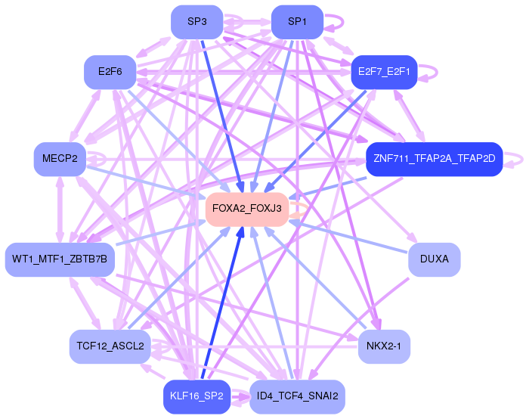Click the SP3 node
(x=197, y=22)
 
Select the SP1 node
(x=297, y=22)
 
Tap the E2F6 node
(x=110, y=72)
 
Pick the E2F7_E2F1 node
(x=384, y=72)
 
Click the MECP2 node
(x=60, y=159)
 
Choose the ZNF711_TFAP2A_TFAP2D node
(x=435, y=159)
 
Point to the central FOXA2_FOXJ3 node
(x=247, y=209)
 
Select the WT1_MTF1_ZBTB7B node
(x=60, y=259)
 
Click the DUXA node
(x=435, y=259)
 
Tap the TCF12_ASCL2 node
(x=110, y=346)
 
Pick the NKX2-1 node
(x=384, y=346)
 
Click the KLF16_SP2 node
(x=197, y=396)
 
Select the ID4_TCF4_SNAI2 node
(x=297, y=396)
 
